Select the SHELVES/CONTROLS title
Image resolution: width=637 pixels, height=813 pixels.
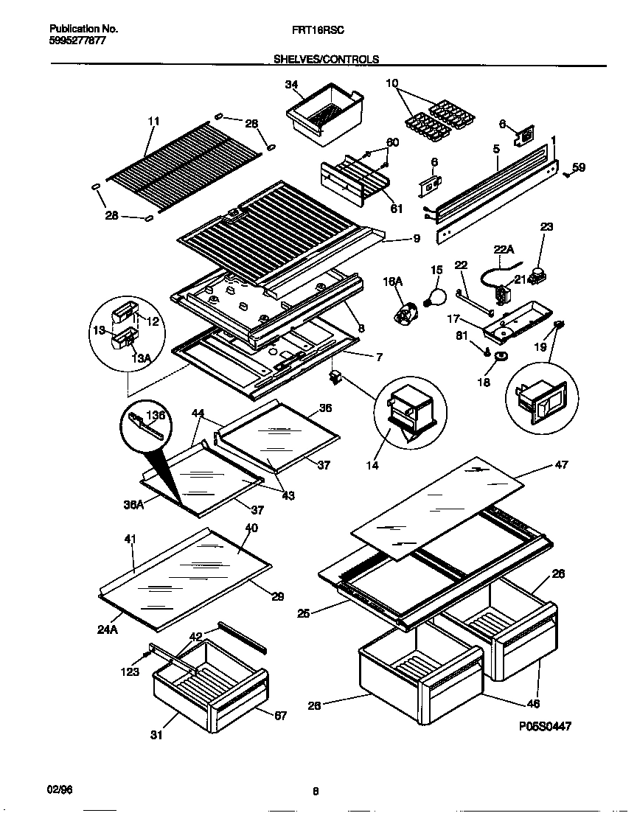(x=327, y=59)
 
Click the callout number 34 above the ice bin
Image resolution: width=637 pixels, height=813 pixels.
(x=291, y=85)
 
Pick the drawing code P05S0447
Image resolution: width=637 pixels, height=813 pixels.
(x=544, y=726)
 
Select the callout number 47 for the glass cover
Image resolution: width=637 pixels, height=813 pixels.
(x=561, y=465)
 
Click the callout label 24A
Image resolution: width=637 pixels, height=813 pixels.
(x=108, y=610)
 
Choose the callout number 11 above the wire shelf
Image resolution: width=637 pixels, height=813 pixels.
(x=153, y=121)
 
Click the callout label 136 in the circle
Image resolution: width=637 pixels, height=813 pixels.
(x=156, y=416)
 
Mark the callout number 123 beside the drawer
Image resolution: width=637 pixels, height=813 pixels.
(x=130, y=671)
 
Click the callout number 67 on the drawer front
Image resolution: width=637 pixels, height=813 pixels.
(x=279, y=715)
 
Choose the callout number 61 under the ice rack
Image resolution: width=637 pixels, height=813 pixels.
(x=396, y=209)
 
